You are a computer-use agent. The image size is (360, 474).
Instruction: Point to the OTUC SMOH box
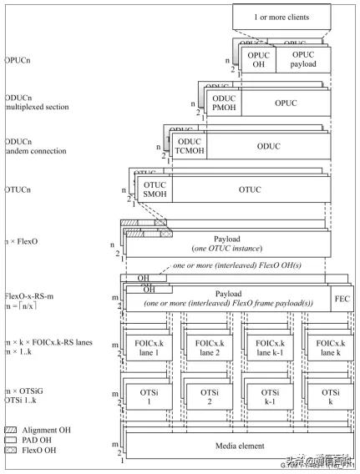[155, 191]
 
